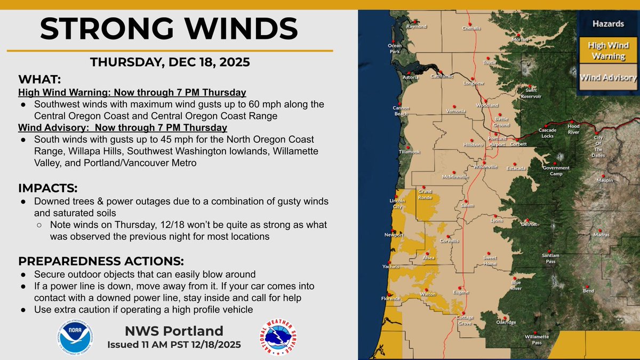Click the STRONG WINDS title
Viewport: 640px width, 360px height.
coord(169,29)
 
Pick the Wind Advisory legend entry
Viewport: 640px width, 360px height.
coord(608,78)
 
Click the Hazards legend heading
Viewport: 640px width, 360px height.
coord(608,24)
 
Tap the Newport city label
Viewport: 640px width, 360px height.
coord(395,235)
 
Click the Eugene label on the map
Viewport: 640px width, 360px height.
coord(460,292)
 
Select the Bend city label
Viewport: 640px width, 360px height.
coord(588,291)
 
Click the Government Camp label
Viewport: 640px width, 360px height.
coord(556,170)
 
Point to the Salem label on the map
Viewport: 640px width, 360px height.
coord(467,205)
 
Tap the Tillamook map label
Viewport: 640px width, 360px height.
coord(410,152)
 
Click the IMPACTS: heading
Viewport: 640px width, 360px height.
coord(48,188)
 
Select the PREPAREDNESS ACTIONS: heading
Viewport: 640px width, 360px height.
coord(101,261)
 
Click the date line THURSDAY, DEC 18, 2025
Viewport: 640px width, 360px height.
coord(169,62)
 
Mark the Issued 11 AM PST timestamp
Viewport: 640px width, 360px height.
coord(174,345)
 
